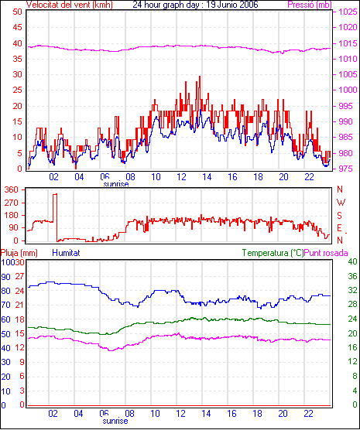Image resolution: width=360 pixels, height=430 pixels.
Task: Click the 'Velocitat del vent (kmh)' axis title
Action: pyautogui.click(x=70, y=5)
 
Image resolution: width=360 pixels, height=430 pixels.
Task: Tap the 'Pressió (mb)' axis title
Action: pyautogui.click(x=310, y=5)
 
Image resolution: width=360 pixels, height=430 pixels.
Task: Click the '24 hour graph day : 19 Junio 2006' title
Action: pyautogui.click(x=195, y=5)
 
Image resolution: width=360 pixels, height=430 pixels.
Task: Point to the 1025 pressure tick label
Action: pyautogui.click(x=348, y=12)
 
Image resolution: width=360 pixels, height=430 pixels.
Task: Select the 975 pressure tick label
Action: pyautogui.click(x=348, y=169)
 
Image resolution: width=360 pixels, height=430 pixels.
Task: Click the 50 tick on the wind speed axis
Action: pyautogui.click(x=17, y=12)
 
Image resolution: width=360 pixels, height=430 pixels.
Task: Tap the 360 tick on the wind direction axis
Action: pyautogui.click(x=12, y=189)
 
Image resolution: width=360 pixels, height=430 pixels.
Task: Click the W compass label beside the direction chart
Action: pyautogui.click(x=341, y=203)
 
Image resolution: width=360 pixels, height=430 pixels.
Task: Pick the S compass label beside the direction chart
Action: pyautogui.click(x=340, y=216)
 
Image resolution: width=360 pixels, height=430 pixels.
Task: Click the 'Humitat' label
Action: pyautogui.click(x=66, y=253)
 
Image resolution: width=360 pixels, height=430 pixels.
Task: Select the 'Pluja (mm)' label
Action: pyautogui.click(x=19, y=253)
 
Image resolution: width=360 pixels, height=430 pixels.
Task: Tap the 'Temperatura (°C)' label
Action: pyautogui.click(x=273, y=253)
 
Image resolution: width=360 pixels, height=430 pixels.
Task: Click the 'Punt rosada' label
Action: pyautogui.click(x=326, y=253)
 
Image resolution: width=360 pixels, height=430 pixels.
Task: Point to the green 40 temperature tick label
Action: pyautogui.click(x=352, y=261)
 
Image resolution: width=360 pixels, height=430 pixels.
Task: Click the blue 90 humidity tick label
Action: pyautogui.click(x=5, y=277)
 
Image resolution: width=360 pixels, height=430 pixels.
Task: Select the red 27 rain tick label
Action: pyautogui.click(x=20, y=276)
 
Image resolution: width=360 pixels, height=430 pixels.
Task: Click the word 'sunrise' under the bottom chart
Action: pyautogui.click(x=115, y=421)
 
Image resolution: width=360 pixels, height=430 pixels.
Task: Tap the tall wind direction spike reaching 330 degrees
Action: pyautogui.click(x=55, y=194)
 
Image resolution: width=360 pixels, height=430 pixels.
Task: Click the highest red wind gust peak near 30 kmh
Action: pyautogui.click(x=200, y=77)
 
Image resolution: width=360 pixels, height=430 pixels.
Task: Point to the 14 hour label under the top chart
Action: pyautogui.click(x=207, y=177)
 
